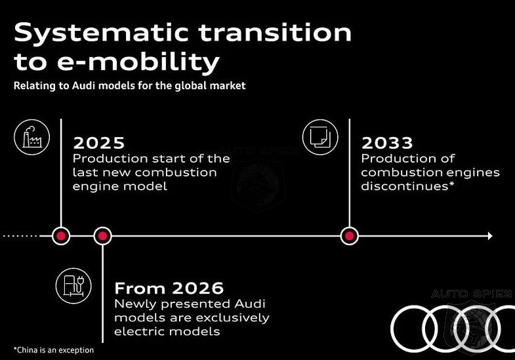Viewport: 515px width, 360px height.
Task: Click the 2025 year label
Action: tap(99, 143)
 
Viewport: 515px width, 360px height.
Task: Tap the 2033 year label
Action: tap(387, 143)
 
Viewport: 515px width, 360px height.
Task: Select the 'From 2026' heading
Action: tap(169, 288)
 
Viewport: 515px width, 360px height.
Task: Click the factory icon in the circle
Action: tap(32, 137)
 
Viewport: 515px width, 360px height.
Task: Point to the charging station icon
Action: tap(73, 286)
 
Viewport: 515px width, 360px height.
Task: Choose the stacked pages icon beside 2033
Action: tap(320, 137)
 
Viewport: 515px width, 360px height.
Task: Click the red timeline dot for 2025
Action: tap(61, 236)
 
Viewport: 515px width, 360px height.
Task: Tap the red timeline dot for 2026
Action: tap(102, 236)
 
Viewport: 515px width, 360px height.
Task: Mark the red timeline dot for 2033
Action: tap(349, 236)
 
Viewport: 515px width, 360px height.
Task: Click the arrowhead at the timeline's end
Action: tap(490, 236)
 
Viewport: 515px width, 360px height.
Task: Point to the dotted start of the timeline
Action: tap(20, 236)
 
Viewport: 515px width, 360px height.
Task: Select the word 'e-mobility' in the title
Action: tap(138, 62)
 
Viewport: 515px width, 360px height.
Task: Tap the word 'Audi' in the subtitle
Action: tap(84, 86)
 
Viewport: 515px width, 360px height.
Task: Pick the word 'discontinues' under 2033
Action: tap(405, 186)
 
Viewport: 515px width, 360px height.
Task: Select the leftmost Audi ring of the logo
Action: tap(414, 329)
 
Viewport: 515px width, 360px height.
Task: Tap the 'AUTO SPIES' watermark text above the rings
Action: tap(472, 294)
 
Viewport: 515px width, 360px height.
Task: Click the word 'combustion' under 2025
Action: tap(176, 172)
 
